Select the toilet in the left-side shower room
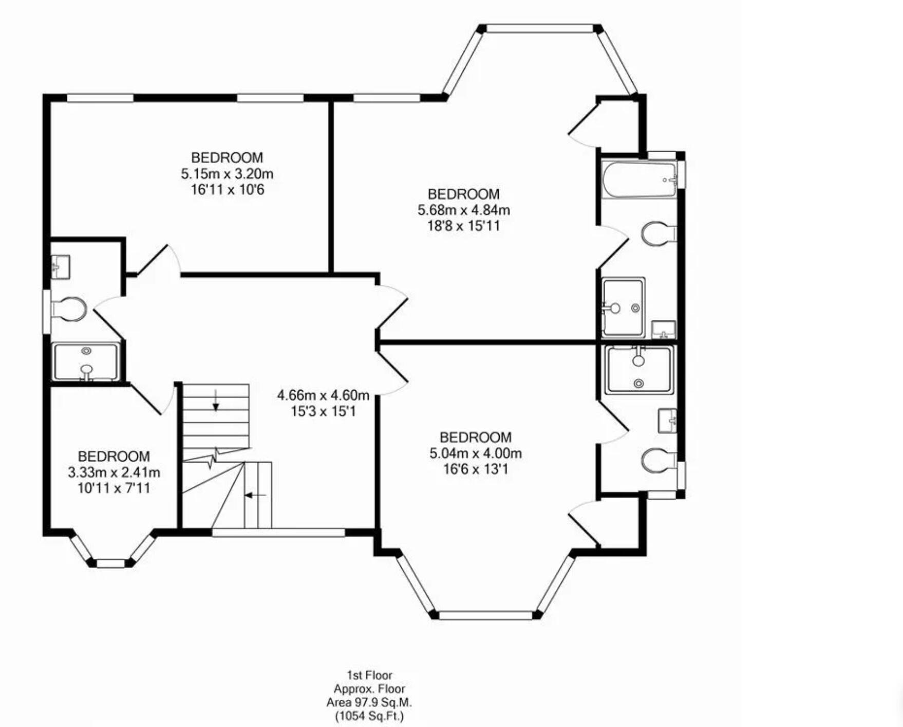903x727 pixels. pos(69,309)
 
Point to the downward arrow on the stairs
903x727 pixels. pos(216,401)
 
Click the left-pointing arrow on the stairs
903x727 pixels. pos(255,495)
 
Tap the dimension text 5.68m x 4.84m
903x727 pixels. pos(463,210)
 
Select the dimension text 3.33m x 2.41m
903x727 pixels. pos(114,472)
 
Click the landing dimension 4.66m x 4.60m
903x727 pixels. pos(323,395)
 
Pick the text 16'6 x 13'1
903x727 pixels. pos(476,469)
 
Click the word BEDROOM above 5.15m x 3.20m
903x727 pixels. pos(227,157)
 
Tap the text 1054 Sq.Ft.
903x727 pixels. pos(369,716)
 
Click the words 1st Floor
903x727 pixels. pos(369,675)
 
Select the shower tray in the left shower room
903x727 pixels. pos(86,362)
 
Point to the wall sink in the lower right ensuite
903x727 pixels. pos(667,421)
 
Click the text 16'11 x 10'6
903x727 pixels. pos(227,190)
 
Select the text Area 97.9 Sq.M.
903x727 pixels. pos(369,702)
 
